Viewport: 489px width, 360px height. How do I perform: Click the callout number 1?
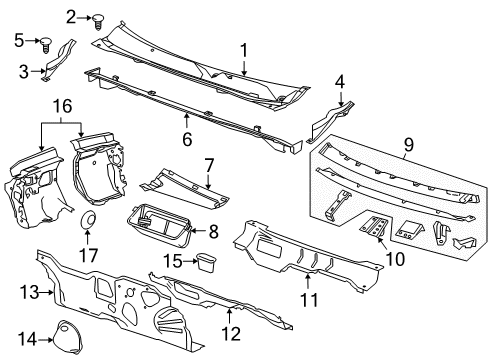point(242,49)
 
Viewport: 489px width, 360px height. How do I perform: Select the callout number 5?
point(19,41)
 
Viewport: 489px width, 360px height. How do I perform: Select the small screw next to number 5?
point(46,43)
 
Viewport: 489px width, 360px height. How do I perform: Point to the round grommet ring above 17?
point(87,220)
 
